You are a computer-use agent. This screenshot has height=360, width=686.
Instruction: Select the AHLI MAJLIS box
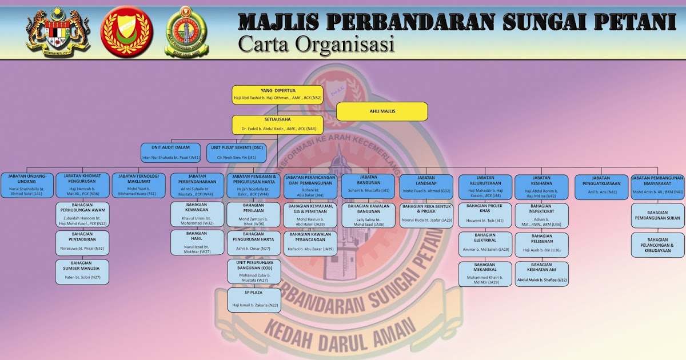pos(382,111)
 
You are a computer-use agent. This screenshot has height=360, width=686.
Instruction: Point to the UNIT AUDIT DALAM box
pos(171,153)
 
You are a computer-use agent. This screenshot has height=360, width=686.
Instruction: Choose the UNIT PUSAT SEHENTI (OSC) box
pos(236,153)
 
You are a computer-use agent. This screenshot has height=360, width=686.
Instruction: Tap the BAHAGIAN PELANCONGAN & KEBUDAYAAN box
pos(657,245)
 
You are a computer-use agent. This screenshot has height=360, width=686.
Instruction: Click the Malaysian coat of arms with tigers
pos(50,33)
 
